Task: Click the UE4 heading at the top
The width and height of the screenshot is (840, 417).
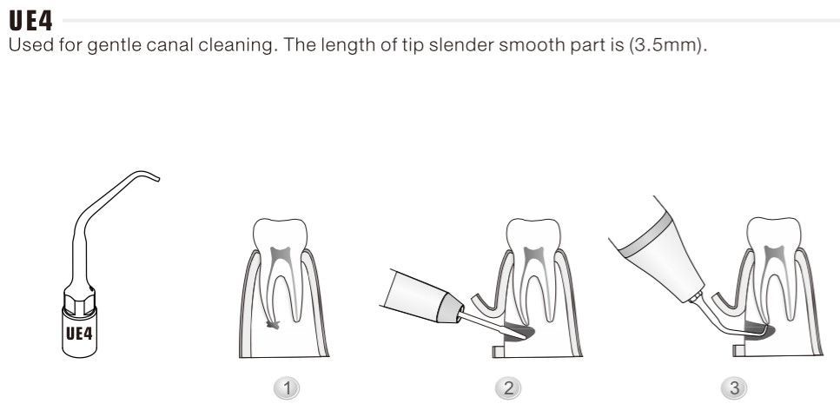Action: [x=30, y=21]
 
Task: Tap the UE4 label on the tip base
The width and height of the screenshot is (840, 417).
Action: [x=79, y=334]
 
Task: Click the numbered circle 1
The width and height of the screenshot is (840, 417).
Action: [x=288, y=388]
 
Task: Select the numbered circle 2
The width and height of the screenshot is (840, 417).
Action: [x=508, y=388]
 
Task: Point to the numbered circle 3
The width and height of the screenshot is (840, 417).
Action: [x=734, y=388]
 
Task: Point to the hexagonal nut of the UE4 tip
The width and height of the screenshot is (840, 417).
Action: [x=79, y=301]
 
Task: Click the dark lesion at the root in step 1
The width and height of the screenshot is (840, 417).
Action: [x=274, y=324]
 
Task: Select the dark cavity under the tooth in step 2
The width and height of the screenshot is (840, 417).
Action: [x=519, y=334]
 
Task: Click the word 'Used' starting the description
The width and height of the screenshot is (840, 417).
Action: [x=27, y=44]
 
